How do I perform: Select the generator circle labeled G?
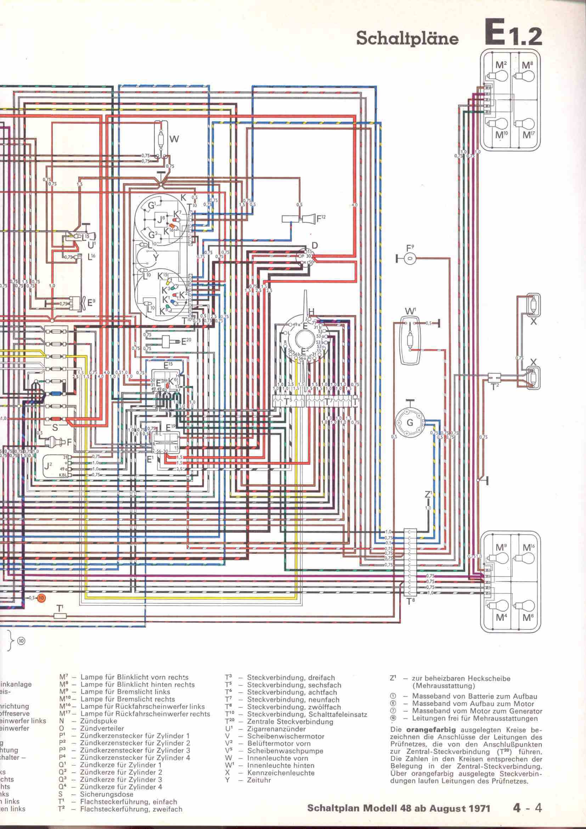[409, 422]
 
